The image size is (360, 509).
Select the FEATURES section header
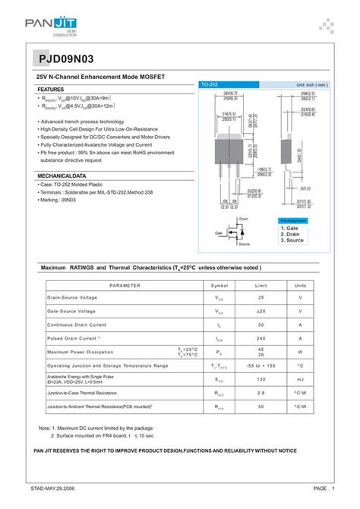point(51,89)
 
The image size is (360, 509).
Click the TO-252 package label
point(210,84)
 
